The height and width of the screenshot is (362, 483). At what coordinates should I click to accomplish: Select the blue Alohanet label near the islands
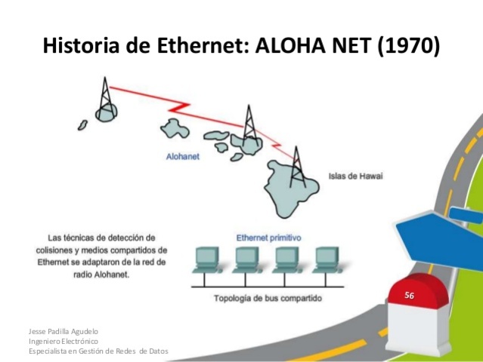pyautogui.click(x=183, y=158)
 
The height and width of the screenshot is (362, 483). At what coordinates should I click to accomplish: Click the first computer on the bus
pyautogui.click(x=206, y=259)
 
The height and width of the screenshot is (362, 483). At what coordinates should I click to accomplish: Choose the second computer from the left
pyautogui.click(x=246, y=259)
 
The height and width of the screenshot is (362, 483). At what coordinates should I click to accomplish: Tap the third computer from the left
pyautogui.click(x=286, y=259)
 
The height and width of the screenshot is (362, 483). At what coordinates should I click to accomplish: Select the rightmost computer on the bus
pyautogui.click(x=327, y=259)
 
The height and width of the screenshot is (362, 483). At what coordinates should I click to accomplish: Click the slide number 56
pyautogui.click(x=409, y=296)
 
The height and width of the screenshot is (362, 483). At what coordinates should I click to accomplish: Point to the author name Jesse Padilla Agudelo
pyautogui.click(x=63, y=331)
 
